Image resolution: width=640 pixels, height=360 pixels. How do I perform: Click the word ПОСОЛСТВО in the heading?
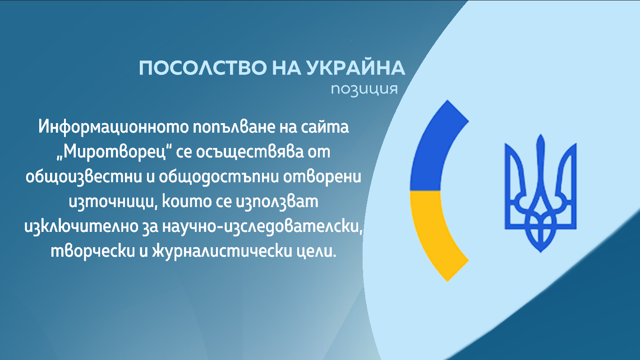(x=203, y=68)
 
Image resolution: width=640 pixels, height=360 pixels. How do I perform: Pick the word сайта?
(x=325, y=127)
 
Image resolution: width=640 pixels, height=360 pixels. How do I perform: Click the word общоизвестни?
(x=84, y=177)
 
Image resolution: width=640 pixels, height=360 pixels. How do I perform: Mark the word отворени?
(x=322, y=177)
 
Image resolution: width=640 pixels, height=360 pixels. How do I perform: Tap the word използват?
(x=277, y=202)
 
